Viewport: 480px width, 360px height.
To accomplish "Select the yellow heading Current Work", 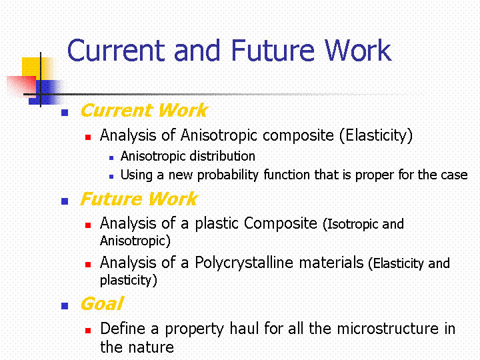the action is point(144,110).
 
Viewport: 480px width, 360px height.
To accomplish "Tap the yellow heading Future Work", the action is point(139,199).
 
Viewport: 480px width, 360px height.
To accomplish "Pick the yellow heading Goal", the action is point(102,304).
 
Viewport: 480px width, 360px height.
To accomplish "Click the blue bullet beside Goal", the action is point(65,306).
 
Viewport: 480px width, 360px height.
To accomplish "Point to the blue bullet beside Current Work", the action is point(65,113).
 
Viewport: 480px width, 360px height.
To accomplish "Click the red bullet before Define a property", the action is point(88,330).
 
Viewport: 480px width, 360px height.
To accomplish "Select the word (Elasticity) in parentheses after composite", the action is point(376,135).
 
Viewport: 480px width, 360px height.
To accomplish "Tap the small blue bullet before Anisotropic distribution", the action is point(111,158).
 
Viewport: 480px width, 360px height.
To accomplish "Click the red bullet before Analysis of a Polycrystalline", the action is point(88,265).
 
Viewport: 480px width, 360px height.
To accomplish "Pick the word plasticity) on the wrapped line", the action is point(129,280).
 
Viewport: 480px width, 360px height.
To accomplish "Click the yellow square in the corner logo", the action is point(34,68).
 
